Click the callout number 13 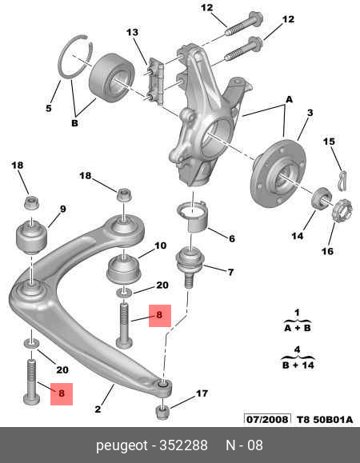point(132,32)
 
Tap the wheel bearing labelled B point(112,77)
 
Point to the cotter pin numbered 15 point(342,180)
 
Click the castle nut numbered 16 point(342,211)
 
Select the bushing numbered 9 point(31,236)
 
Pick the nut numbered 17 point(162,412)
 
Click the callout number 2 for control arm point(98,409)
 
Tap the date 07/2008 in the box point(267,419)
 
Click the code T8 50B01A point(325,420)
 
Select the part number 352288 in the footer point(183,445)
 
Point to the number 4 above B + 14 point(297,349)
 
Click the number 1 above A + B point(297,312)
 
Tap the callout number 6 point(232,238)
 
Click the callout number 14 point(298,236)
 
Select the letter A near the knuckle point(289,99)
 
